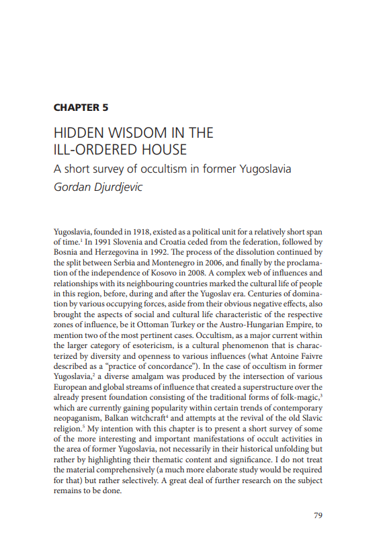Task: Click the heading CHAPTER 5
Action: (x=81, y=107)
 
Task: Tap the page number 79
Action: (x=319, y=515)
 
